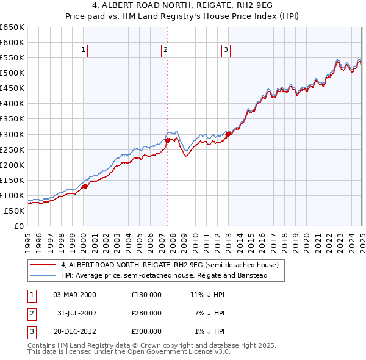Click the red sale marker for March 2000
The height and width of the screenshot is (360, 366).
85,187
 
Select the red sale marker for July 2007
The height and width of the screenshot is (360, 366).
167,140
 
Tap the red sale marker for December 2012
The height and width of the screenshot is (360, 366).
228,134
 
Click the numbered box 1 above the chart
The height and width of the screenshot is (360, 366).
83,50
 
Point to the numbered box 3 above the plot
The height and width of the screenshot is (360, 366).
226,50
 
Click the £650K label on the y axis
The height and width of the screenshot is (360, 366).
12,27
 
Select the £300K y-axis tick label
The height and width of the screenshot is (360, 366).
12,134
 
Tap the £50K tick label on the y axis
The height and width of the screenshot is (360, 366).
15,211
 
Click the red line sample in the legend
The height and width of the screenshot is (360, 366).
43,265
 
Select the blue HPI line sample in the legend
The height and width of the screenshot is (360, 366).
43,275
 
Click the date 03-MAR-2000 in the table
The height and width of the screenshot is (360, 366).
74,295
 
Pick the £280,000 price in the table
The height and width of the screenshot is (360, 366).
146,313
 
